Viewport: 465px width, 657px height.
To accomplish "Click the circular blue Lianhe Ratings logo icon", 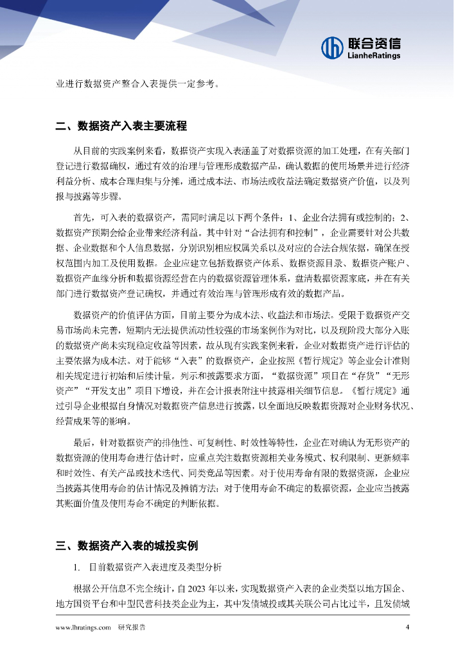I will coord(332,47).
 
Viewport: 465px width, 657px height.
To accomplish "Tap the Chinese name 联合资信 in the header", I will coord(374,43).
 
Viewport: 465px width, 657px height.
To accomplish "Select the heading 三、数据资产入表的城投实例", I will coord(127,546).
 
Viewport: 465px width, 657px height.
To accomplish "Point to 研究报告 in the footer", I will coord(132,628).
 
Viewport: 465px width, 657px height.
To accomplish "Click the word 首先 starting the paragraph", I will coord(83,217).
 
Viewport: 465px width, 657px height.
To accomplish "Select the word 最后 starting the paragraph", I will coord(83,443).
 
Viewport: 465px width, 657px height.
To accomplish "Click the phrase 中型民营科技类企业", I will coord(187,603).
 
